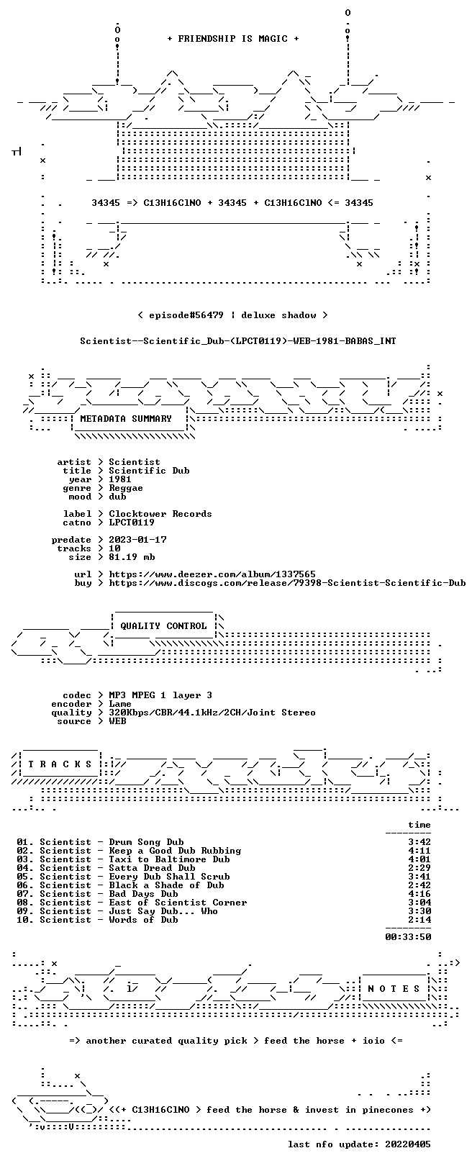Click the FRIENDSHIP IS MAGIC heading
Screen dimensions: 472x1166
click(x=233, y=39)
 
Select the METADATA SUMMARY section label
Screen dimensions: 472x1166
click(x=125, y=418)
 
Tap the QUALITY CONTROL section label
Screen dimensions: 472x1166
click(x=163, y=625)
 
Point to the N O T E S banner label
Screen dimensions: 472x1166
click(x=394, y=988)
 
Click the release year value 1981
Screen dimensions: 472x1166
click(x=119, y=479)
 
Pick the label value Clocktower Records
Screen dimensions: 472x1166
click(x=160, y=514)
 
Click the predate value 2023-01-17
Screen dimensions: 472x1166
click(x=137, y=540)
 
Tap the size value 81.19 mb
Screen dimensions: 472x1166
click(x=132, y=557)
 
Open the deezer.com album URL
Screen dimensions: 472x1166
click(x=212, y=574)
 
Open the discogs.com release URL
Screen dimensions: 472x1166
click(x=287, y=583)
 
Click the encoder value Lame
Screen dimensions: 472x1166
click(x=119, y=704)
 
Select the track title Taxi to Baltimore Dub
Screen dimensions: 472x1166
click(x=169, y=859)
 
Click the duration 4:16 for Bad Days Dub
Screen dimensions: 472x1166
click(x=419, y=894)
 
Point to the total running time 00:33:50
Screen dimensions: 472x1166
click(x=408, y=937)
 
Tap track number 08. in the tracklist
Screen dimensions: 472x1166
click(x=25, y=903)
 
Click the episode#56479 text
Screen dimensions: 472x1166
click(x=186, y=315)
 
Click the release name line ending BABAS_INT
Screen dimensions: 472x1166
click(x=238, y=341)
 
